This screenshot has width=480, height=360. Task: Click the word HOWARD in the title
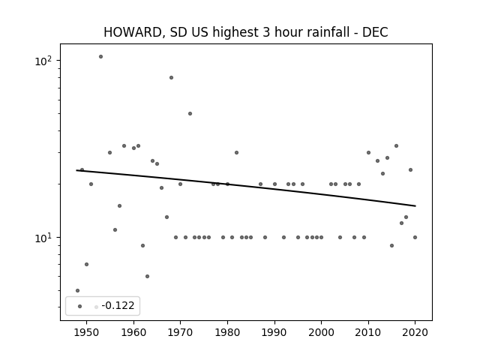click(x=133, y=32)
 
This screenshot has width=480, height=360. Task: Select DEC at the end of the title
click(x=375, y=32)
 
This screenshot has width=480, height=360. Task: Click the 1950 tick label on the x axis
click(x=87, y=332)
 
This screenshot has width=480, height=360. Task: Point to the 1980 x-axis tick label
click(x=227, y=332)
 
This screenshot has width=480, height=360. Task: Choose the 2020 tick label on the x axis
click(x=415, y=332)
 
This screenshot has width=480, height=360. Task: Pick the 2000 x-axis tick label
click(x=321, y=332)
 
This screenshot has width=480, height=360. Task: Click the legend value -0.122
click(x=118, y=305)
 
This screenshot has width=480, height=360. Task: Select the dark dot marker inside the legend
click(x=80, y=307)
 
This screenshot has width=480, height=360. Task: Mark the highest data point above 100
click(x=100, y=57)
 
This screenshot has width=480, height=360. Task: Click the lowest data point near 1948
click(x=77, y=290)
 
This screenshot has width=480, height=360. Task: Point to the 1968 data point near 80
click(x=172, y=78)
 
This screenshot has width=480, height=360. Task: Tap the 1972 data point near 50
click(x=190, y=113)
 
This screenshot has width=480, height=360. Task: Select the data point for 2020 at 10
click(x=415, y=237)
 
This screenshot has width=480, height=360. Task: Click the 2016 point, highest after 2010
click(x=397, y=146)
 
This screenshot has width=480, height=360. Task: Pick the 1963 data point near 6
click(x=147, y=277)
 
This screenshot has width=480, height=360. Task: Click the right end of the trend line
click(x=415, y=206)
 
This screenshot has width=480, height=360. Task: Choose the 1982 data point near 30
click(x=237, y=153)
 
